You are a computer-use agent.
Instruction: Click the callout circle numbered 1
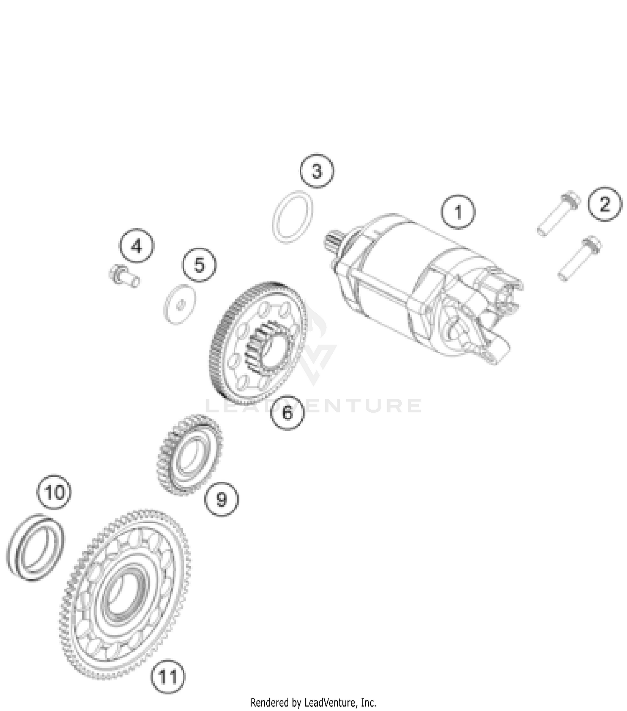pyautogui.click(x=458, y=212)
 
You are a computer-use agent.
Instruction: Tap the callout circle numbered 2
pyautogui.click(x=604, y=204)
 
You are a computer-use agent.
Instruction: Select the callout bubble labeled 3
pyautogui.click(x=317, y=171)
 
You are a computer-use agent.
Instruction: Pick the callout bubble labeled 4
pyautogui.click(x=137, y=246)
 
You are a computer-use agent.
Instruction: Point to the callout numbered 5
pyautogui.click(x=199, y=265)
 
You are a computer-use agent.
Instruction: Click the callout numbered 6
pyautogui.click(x=287, y=412)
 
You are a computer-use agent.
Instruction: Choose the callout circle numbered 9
pyautogui.click(x=221, y=499)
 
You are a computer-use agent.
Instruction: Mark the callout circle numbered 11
pyautogui.click(x=168, y=676)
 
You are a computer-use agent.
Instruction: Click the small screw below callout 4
pyautogui.click(x=123, y=276)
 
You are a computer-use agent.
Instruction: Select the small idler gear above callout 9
pyautogui.click(x=189, y=454)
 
